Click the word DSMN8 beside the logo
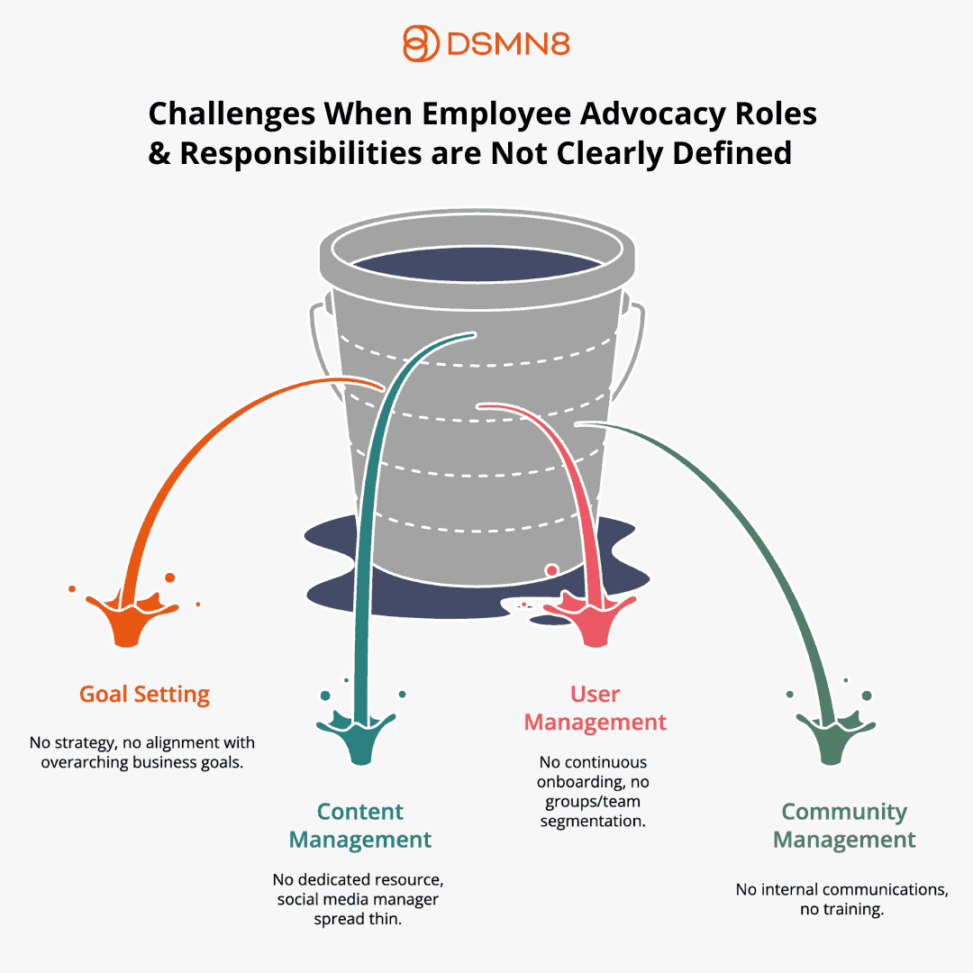click(x=507, y=44)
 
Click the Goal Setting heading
click(x=144, y=695)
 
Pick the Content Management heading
click(x=360, y=826)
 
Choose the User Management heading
click(x=596, y=708)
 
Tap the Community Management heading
click(x=844, y=826)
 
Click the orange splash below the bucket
click(x=128, y=618)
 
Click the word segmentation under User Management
click(x=594, y=821)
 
